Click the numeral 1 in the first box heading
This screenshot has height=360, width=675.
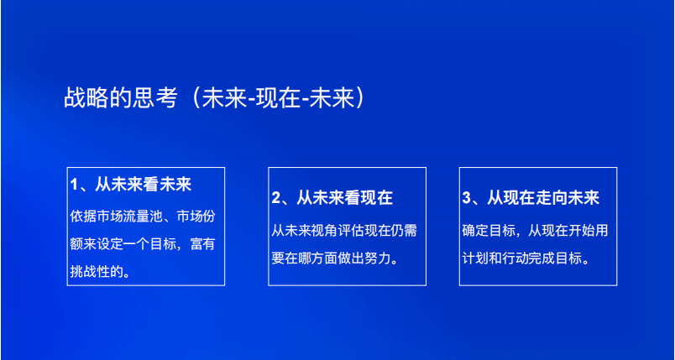74,185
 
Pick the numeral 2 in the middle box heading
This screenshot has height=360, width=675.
275,198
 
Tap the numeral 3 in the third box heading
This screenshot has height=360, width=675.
467,198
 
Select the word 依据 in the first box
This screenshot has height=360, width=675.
83,217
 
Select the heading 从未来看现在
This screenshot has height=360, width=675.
344,198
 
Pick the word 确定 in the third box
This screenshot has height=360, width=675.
476,231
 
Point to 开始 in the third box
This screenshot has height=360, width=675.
581,231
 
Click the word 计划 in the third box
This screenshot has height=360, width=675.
476,258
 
